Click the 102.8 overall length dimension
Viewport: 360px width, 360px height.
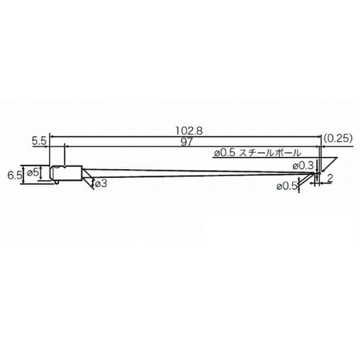189,131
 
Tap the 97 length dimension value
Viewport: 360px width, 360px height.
186,142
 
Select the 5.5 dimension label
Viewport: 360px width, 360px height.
39,141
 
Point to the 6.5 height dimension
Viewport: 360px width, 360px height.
14,176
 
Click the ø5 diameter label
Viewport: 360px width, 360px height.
32,172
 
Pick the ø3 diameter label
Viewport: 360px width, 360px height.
101,184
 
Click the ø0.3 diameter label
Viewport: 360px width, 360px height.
303,166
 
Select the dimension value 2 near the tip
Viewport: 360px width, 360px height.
330,179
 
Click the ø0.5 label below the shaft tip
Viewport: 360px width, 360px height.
287,186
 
